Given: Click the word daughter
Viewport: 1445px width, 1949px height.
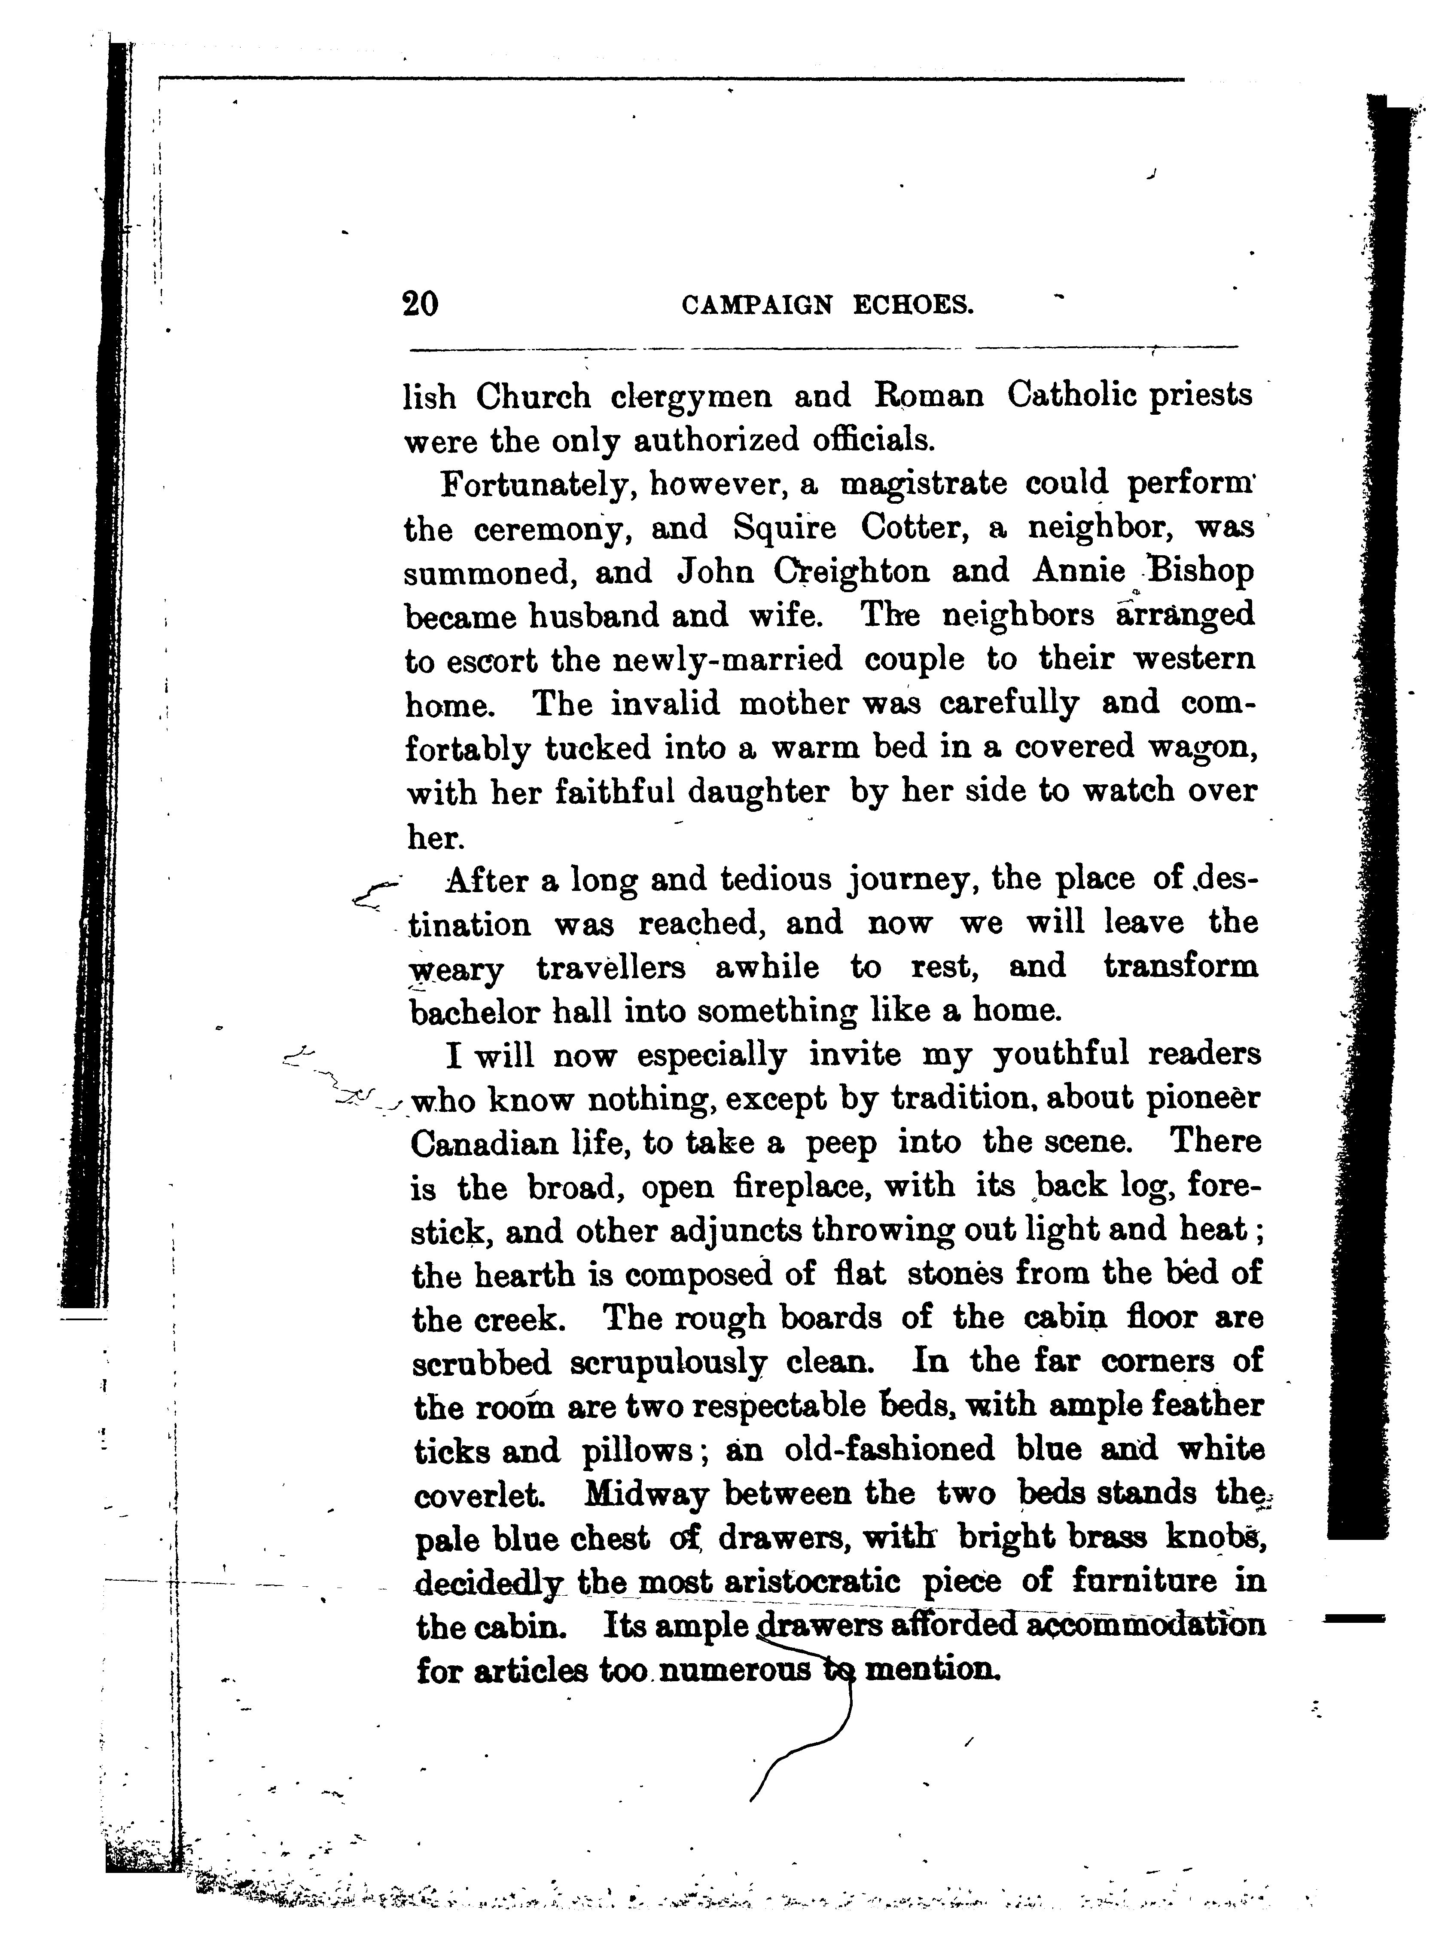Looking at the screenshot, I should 757,792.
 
